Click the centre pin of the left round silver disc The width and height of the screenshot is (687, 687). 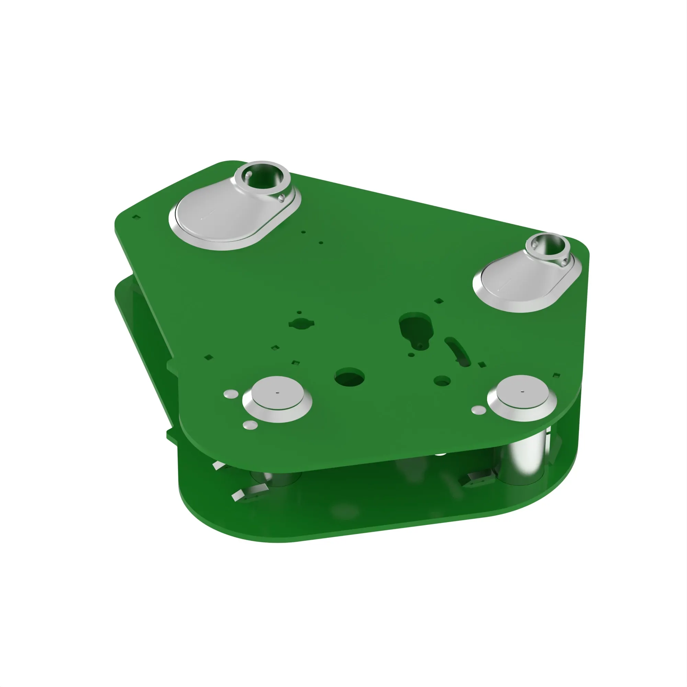278,393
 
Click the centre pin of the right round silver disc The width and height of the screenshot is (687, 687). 522,392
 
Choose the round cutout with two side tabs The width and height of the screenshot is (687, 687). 302,324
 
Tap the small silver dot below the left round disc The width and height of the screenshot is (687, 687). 250,425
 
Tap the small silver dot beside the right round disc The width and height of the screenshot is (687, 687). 478,410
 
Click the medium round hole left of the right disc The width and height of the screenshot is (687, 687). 442,381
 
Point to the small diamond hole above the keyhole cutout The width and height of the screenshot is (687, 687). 439,301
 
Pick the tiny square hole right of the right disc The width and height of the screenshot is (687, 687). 557,375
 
